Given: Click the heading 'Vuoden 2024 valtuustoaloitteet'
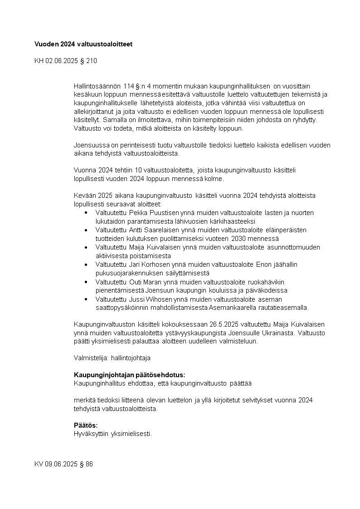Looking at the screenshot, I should click(83, 44).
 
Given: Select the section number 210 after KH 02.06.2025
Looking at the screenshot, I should click(91, 60).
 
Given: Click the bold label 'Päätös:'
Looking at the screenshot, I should click(86, 425).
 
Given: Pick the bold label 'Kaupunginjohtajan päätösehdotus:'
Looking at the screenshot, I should click(129, 375).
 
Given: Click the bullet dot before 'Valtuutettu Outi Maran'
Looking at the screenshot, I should click(86, 282).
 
